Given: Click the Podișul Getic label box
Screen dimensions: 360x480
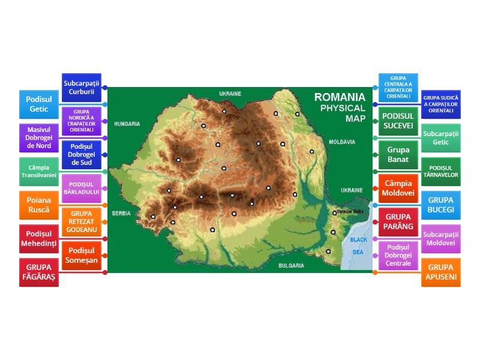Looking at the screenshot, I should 39,104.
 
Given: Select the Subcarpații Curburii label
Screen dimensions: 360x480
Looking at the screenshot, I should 82,87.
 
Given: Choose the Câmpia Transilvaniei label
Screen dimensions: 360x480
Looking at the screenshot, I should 39,171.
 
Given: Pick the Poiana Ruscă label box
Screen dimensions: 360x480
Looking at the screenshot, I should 39,205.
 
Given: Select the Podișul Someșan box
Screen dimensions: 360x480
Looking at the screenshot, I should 82,255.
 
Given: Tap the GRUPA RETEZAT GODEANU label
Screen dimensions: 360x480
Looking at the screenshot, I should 82,221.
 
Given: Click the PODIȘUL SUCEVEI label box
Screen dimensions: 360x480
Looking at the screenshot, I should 398,121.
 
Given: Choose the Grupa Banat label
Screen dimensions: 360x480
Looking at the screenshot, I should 398,154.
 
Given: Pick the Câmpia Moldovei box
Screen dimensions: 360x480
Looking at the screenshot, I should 398,188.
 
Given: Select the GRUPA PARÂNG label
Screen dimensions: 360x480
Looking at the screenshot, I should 398,221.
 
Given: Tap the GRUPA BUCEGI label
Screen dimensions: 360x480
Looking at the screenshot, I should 441,205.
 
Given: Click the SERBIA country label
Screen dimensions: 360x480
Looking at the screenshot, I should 121,213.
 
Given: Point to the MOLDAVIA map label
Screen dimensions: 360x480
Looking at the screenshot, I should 341,142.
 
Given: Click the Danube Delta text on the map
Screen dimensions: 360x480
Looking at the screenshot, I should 350,212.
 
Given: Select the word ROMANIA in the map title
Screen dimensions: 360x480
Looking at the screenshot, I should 340,97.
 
